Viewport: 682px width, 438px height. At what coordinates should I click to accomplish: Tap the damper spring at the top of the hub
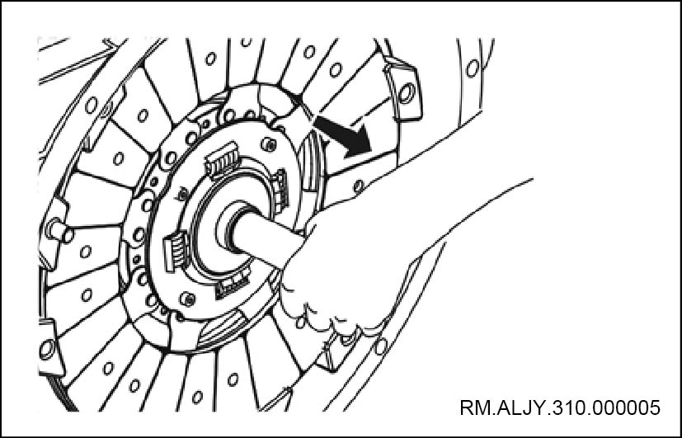pos(223,161)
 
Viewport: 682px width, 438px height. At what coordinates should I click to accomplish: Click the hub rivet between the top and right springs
pos(269,144)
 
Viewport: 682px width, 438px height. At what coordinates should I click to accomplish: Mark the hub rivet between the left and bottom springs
pos(187,299)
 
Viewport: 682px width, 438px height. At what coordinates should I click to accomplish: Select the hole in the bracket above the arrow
pos(407,93)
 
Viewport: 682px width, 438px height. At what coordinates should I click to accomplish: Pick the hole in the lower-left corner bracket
pos(47,349)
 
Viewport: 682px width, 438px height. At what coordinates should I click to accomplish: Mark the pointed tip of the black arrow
pos(370,153)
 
